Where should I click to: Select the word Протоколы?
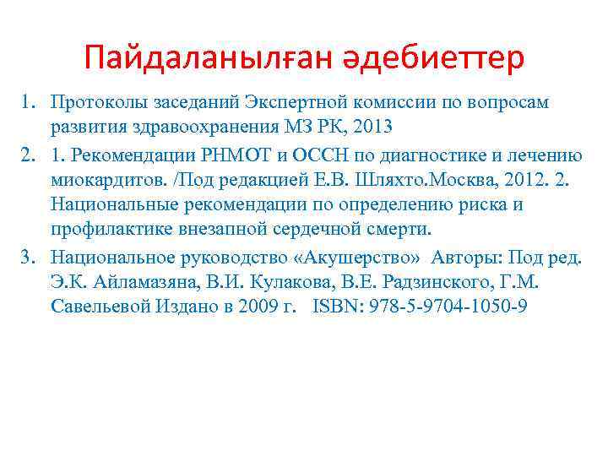click(x=98, y=102)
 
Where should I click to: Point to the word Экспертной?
click(x=295, y=102)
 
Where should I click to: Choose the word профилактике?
click(x=109, y=230)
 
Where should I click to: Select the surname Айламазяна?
click(x=122, y=281)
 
